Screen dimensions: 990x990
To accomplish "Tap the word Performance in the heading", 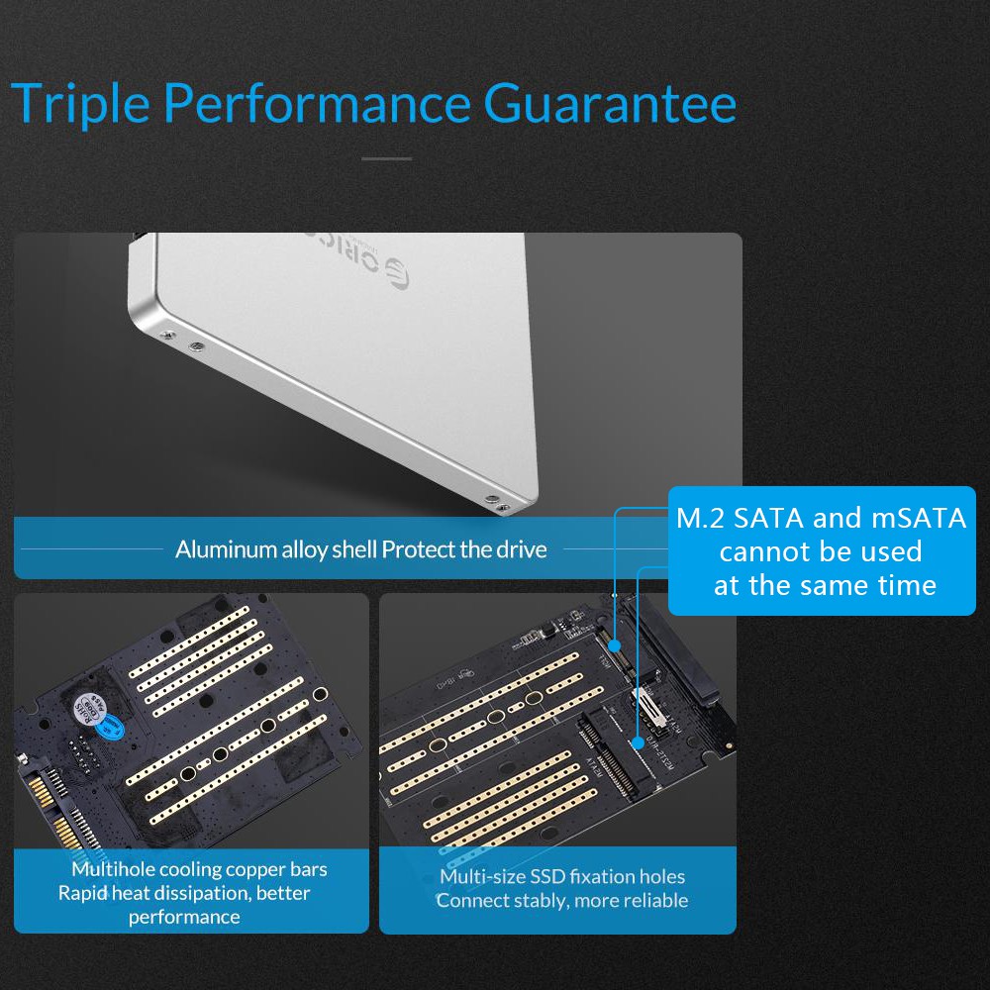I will pyautogui.click(x=316, y=104).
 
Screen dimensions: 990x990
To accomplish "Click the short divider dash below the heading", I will pyautogui.click(x=386, y=158).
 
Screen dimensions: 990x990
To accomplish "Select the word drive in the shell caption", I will pyautogui.click(x=522, y=549).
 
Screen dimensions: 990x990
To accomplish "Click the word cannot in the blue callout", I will pyautogui.click(x=761, y=551).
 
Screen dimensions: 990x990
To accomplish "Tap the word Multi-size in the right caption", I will pyautogui.click(x=482, y=877).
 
